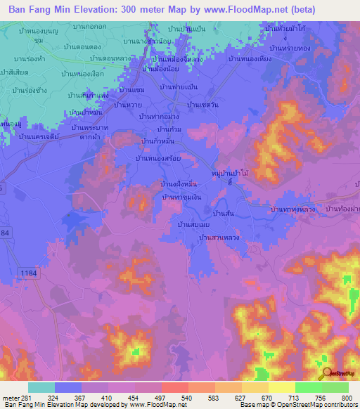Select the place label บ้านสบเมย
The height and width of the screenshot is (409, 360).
click(x=189, y=224)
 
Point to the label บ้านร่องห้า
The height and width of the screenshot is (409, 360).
click(x=28, y=58)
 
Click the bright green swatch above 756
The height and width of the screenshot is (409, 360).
click(x=308, y=387)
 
